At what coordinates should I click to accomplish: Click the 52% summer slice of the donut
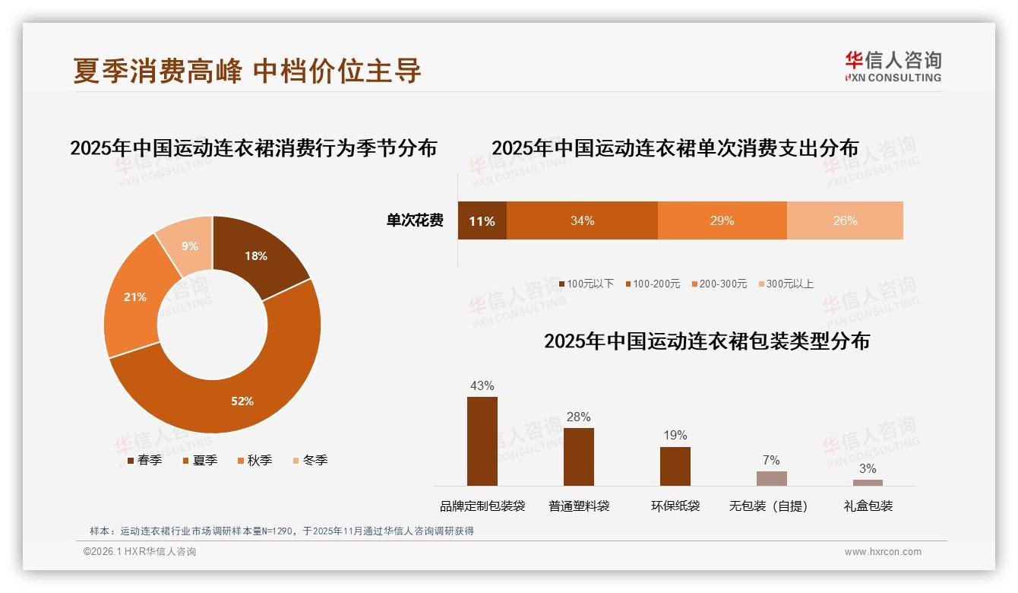tap(228, 395)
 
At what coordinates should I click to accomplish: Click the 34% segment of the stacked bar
tap(582, 221)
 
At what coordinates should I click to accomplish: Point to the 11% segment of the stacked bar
tap(482, 221)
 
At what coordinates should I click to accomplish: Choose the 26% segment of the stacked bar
tap(845, 221)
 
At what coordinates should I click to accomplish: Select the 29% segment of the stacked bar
tap(722, 221)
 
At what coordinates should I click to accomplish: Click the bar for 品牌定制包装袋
tap(482, 441)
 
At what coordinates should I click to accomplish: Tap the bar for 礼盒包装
tap(868, 482)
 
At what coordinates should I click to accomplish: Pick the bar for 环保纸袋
tap(675, 466)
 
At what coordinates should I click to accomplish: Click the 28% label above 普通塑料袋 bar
tap(579, 417)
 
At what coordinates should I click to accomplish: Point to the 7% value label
tap(771, 460)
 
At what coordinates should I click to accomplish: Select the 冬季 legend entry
tap(309, 460)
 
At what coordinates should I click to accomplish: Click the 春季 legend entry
tap(144, 460)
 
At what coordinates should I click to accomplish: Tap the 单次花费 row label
tap(415, 221)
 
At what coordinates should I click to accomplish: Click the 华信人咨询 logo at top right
tap(893, 66)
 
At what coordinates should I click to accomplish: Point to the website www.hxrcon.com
tap(883, 552)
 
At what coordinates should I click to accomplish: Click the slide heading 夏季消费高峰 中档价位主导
tap(247, 71)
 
